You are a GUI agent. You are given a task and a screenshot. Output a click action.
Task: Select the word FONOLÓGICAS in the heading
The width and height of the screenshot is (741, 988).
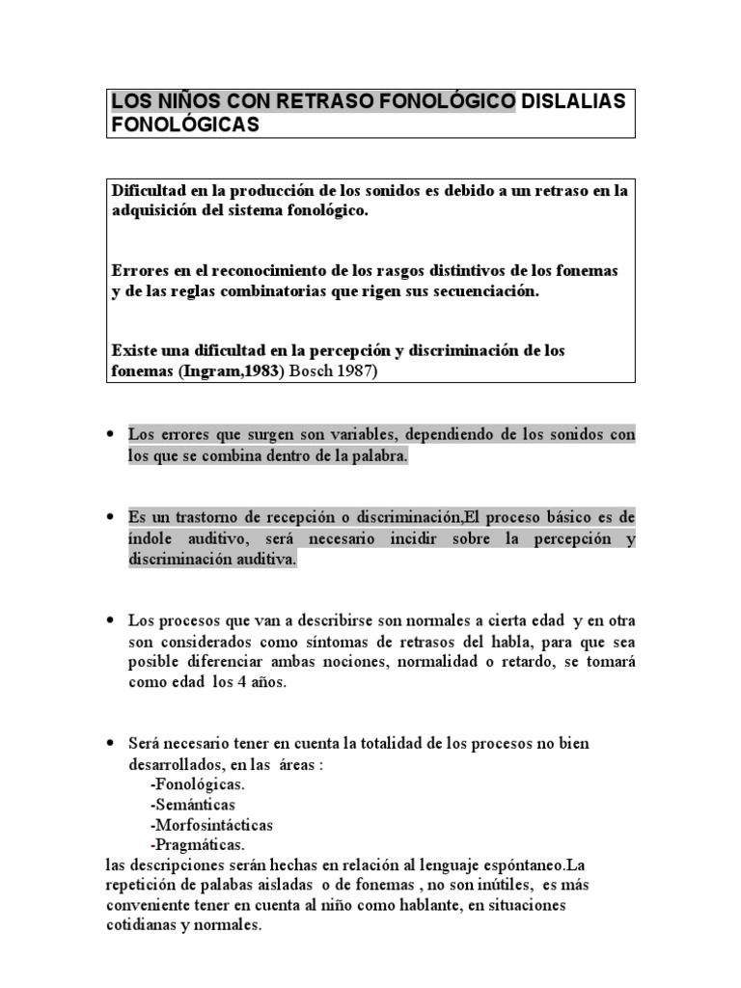pos(185,125)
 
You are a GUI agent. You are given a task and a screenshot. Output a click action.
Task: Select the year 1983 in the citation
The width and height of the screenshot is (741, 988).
pos(260,372)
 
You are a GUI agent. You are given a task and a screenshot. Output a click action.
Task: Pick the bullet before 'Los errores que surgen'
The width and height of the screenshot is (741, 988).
pos(114,435)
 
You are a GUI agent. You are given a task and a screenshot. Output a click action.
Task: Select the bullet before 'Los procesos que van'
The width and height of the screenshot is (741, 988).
pos(114,618)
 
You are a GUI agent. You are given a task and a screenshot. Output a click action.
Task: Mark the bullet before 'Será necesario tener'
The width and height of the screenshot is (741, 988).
pos(114,744)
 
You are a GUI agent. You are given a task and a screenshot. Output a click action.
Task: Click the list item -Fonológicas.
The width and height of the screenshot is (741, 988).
pos(191,784)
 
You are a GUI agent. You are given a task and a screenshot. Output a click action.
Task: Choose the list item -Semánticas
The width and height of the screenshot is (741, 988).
pos(192,805)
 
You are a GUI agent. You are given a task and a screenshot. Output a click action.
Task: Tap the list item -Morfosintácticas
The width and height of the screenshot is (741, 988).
pos(211,825)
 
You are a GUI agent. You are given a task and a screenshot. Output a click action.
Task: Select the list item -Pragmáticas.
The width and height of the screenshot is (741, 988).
pos(191,844)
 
